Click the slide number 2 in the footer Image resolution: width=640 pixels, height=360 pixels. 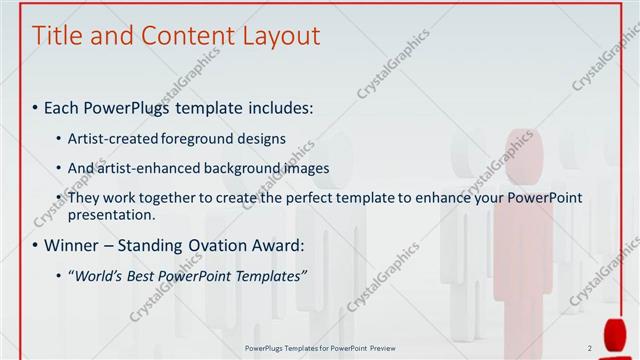(x=590, y=348)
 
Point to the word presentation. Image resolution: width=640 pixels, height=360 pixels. (x=111, y=214)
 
